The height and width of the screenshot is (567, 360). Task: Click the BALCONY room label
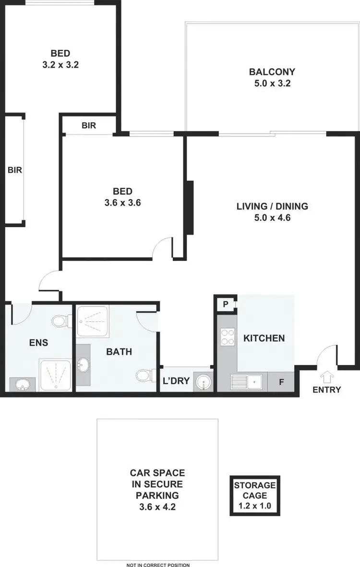(272, 72)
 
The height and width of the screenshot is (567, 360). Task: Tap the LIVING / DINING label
(272, 207)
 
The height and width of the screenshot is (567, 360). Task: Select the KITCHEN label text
(264, 338)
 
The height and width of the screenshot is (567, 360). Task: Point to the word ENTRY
(326, 390)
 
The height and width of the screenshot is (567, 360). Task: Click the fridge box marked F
(282, 382)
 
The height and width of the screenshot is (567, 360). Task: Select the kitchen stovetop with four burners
(227, 337)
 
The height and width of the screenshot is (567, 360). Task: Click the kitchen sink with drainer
(246, 382)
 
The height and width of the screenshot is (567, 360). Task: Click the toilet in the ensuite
(60, 320)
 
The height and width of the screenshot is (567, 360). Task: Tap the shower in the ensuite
(55, 375)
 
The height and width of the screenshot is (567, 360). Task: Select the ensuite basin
(22, 384)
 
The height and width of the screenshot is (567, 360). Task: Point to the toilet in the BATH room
(144, 375)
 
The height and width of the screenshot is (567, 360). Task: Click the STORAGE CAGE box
(255, 496)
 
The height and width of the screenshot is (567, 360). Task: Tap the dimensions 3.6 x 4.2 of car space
(157, 506)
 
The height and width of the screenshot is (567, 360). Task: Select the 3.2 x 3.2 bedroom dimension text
(60, 64)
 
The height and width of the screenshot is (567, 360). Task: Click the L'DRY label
(176, 382)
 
